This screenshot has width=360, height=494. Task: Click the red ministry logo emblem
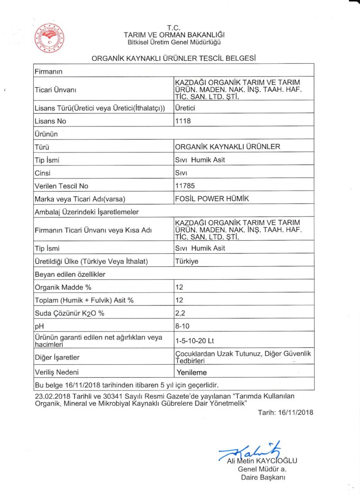[x=50, y=37]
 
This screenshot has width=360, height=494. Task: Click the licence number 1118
[x=183, y=121]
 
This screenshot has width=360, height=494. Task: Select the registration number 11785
[x=185, y=186]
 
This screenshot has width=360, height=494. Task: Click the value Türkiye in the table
[x=187, y=261]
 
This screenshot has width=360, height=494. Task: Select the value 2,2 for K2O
[x=180, y=313]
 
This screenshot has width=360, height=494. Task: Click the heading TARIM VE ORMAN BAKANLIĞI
[x=174, y=35]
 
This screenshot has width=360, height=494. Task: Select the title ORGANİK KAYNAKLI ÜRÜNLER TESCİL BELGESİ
[x=173, y=58]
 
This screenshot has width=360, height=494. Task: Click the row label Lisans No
[x=50, y=121]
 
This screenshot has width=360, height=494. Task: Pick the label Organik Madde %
[x=63, y=287]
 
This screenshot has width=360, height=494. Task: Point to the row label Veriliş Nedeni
[x=56, y=372]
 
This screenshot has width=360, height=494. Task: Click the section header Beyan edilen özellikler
[x=70, y=274]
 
